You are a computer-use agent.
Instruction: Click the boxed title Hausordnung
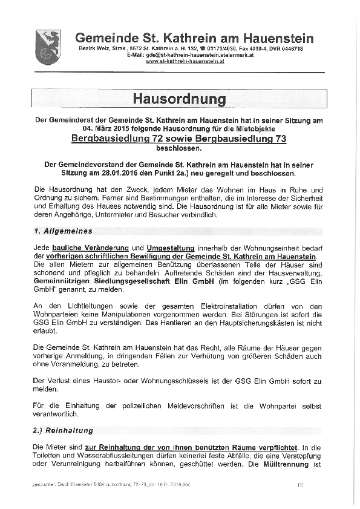[179, 99]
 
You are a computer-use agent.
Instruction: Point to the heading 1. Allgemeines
[63, 231]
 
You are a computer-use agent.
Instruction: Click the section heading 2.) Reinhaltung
[64, 430]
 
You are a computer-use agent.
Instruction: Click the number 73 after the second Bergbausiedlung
[278, 139]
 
